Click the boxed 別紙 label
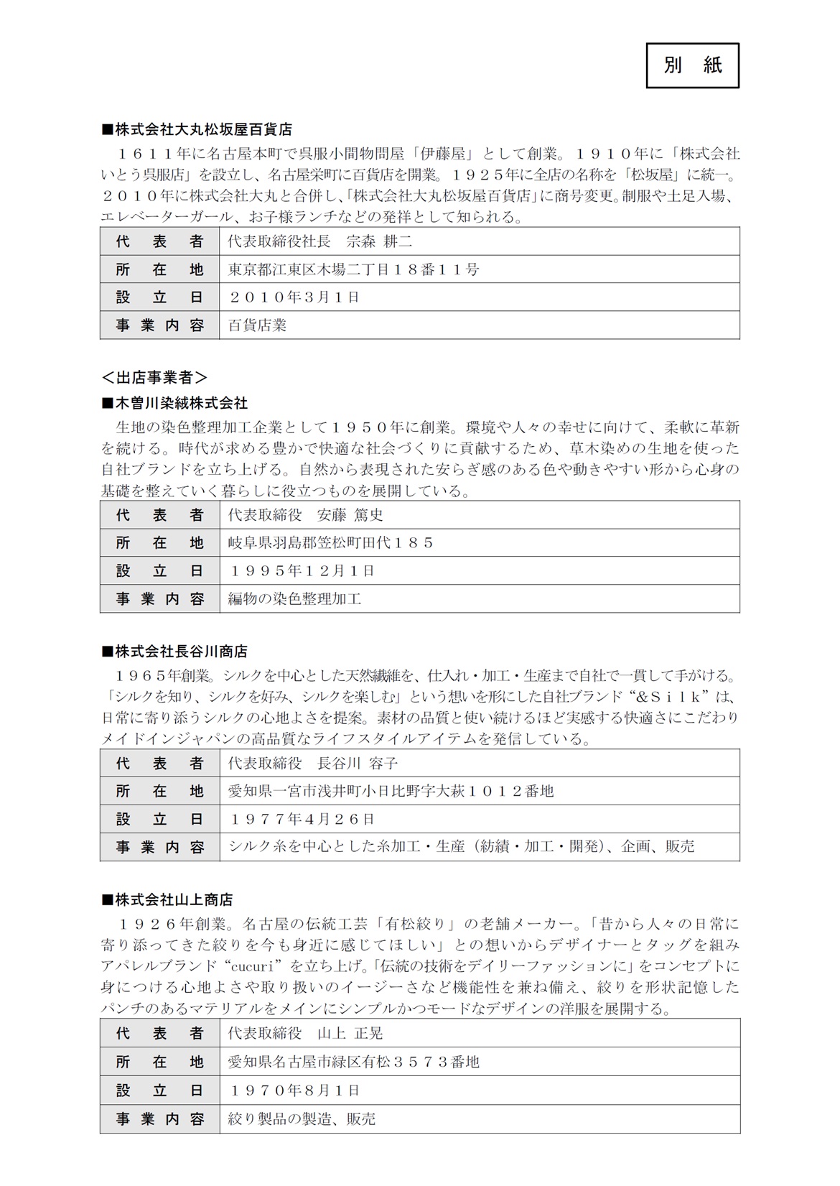click(692, 65)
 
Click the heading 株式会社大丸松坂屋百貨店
click(198, 130)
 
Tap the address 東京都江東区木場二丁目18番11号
click(353, 269)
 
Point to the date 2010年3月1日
click(294, 297)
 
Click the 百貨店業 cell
click(257, 325)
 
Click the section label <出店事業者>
click(154, 376)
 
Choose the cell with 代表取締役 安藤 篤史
click(306, 515)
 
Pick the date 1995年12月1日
click(302, 571)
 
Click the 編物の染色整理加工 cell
click(294, 598)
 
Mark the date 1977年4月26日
click(302, 819)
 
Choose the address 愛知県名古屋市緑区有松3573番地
click(353, 1062)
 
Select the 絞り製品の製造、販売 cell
click(302, 1118)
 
